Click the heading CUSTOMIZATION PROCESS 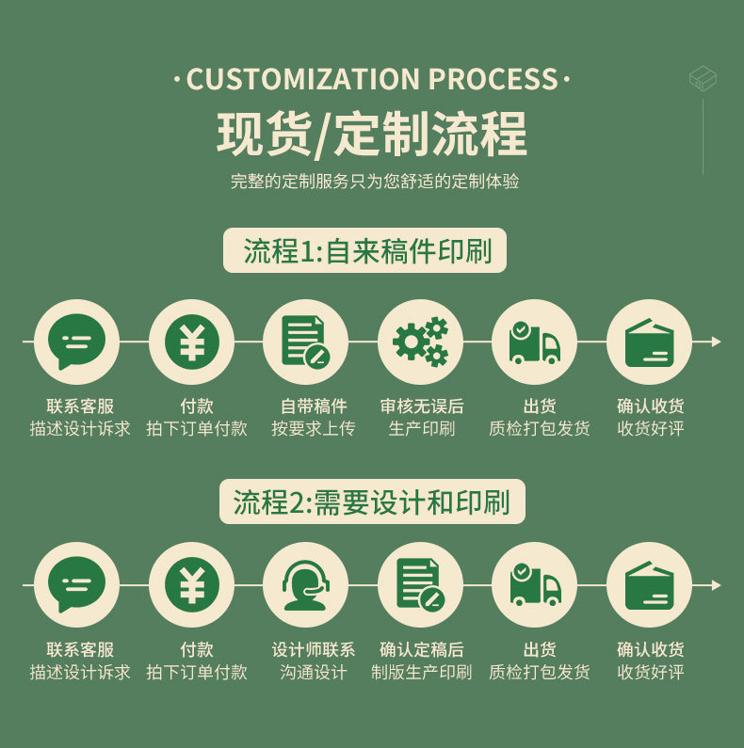[372, 80]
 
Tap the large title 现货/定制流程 [372, 134]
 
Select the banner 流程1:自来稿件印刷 [364, 251]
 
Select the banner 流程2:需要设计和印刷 [371, 501]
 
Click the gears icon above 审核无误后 [420, 342]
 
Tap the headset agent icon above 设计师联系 [305, 585]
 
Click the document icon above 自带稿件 [305, 342]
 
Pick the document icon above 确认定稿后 [420, 585]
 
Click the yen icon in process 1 [191, 342]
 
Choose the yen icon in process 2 [191, 585]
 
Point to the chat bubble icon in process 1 [76, 342]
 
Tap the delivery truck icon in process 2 [535, 585]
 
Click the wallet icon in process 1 [649, 342]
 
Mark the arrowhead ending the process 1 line [716, 342]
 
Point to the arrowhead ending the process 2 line [716, 585]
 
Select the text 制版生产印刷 [421, 673]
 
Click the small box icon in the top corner [703, 78]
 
